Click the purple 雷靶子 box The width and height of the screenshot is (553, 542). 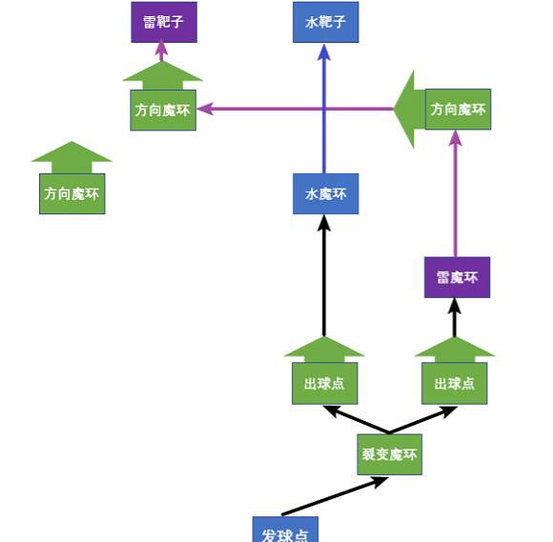[x=163, y=22]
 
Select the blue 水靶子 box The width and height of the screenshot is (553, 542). [x=325, y=22]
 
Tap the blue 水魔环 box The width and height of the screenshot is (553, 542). [x=325, y=194]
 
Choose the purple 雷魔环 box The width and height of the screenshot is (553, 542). [x=457, y=277]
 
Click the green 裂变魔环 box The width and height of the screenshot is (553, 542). [x=389, y=454]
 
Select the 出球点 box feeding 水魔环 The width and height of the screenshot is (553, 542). [x=324, y=383]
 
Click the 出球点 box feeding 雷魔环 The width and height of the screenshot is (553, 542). [x=455, y=383]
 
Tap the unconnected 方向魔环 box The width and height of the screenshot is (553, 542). [x=72, y=193]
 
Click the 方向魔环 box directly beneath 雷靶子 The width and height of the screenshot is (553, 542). [x=163, y=110]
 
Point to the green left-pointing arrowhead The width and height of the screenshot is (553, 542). [x=408, y=109]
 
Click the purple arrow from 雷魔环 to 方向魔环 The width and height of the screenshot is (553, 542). [x=456, y=195]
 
